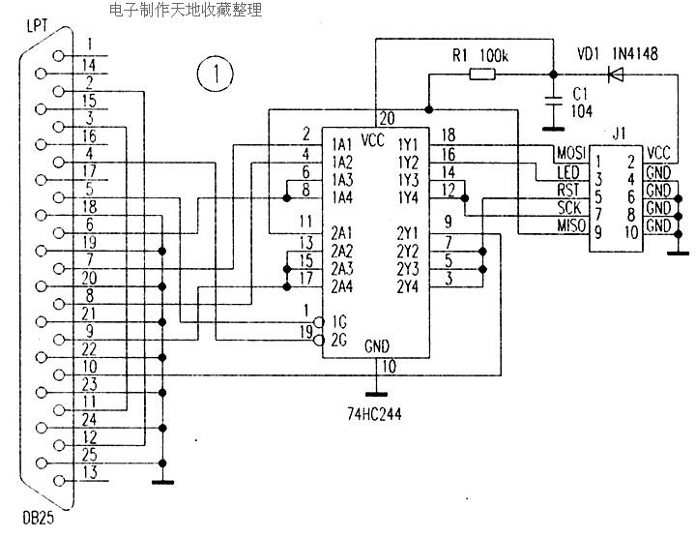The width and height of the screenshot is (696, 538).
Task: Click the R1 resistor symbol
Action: pyautogui.click(x=482, y=75)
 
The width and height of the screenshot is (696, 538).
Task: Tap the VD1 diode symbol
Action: pyautogui.click(x=616, y=75)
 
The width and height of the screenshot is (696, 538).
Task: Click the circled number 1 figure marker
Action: pyautogui.click(x=216, y=74)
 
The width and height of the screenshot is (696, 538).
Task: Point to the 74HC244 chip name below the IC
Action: pyautogui.click(x=374, y=414)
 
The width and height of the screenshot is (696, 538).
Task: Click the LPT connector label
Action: pyautogui.click(x=37, y=25)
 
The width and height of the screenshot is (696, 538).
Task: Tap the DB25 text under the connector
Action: pyautogui.click(x=38, y=518)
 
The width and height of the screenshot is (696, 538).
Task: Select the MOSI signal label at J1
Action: pyautogui.click(x=571, y=153)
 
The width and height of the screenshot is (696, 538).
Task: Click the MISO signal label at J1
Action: pyautogui.click(x=571, y=225)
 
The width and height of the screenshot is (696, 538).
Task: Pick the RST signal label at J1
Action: pyautogui.click(x=568, y=190)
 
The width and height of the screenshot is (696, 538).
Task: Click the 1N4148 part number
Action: pyautogui.click(x=635, y=54)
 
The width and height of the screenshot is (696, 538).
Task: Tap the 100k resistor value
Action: pyautogui.click(x=494, y=55)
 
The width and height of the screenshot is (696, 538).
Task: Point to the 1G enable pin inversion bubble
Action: pyautogui.click(x=318, y=321)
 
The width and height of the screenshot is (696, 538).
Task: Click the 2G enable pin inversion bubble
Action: pyautogui.click(x=318, y=341)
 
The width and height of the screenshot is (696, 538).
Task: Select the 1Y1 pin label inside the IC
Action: pyautogui.click(x=408, y=144)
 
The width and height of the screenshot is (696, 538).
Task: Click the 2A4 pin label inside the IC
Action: pyautogui.click(x=342, y=286)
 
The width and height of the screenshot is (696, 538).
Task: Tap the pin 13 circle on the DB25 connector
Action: pyautogui.click(x=58, y=481)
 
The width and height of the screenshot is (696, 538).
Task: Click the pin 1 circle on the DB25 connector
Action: pyautogui.click(x=58, y=55)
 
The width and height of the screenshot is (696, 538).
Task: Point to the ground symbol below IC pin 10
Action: pyautogui.click(x=376, y=394)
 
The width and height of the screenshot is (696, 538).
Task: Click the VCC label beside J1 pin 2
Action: pyautogui.click(x=658, y=153)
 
